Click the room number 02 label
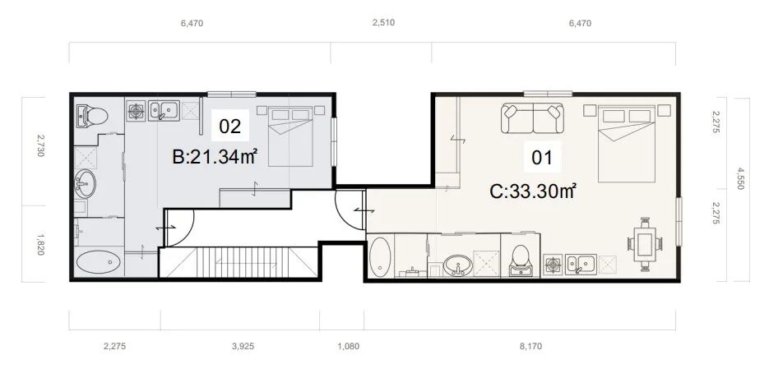click(230, 127)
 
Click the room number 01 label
click(543, 158)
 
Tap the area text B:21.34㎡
click(215, 157)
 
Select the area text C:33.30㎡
click(533, 191)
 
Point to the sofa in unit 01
click(533, 118)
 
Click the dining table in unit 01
click(645, 244)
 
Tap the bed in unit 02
click(290, 136)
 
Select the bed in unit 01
click(627, 143)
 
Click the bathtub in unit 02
click(99, 262)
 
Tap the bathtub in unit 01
click(380, 256)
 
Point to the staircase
click(239, 262)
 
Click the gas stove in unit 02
click(137, 111)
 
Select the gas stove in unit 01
click(554, 265)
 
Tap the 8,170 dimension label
click(531, 346)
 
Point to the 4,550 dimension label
click(740, 178)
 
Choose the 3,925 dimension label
click(243, 346)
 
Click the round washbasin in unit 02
click(85, 183)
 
